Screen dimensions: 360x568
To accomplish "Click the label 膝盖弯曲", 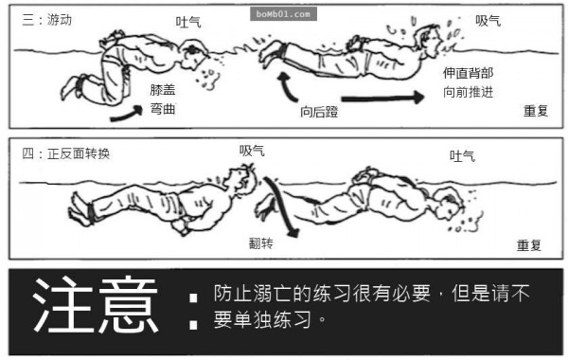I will (163, 99).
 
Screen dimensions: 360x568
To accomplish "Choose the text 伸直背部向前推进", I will (468, 82).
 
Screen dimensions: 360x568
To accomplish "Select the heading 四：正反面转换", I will (65, 153).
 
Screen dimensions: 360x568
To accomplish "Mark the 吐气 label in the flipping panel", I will (462, 156).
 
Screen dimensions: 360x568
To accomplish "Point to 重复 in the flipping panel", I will (529, 245).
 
